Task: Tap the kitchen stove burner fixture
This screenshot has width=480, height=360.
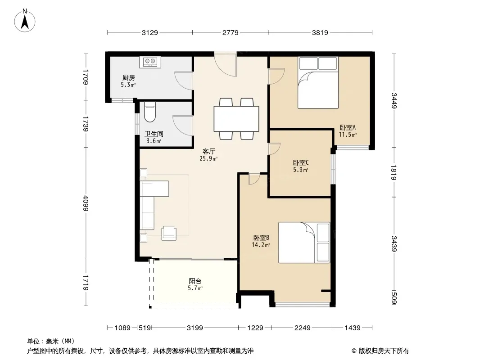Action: pos(150,62)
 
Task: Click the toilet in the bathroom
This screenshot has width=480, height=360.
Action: pos(150,112)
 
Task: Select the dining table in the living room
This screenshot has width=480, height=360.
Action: pos(236,119)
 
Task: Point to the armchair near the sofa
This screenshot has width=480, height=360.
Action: pos(169,233)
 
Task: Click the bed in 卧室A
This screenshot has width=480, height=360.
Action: pos(318,83)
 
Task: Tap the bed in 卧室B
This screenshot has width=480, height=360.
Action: pos(304,243)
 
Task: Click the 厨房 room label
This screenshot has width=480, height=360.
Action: pos(129,78)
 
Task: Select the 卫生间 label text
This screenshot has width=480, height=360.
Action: pos(154,134)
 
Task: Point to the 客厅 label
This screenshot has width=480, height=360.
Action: pos(209,151)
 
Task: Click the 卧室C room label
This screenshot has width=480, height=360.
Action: pos(301,163)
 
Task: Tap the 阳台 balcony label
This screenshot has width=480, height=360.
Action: pos(195,281)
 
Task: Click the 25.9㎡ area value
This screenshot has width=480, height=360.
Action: pos(208,158)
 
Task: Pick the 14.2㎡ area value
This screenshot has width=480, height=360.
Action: pos(261,245)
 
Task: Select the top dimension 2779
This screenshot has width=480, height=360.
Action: pos(230,32)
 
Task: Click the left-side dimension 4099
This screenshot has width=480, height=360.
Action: pos(86,203)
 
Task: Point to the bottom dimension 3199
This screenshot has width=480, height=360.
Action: pos(195,328)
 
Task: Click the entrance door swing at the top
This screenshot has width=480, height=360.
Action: pos(225,64)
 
